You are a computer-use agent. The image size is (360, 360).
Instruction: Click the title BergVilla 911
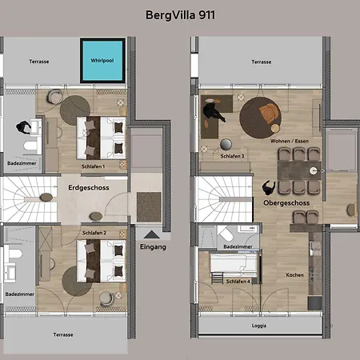pyautogui.click(x=180, y=15)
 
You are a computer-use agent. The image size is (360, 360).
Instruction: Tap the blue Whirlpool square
pyautogui.click(x=102, y=61)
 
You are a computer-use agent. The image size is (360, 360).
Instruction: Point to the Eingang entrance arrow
pyautogui.click(x=152, y=234)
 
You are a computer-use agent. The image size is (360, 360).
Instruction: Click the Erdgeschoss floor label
pyautogui.click(x=89, y=188)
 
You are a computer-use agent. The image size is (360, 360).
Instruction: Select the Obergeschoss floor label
pyautogui.click(x=286, y=203)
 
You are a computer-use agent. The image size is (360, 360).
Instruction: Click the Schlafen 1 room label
pyautogui.click(x=93, y=166)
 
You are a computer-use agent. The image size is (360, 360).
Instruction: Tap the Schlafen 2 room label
pyautogui.click(x=94, y=233)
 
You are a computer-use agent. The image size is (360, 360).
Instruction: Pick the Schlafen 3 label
pyautogui.click(x=232, y=156)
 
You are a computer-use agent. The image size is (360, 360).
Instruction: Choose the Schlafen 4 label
pyautogui.click(x=238, y=282)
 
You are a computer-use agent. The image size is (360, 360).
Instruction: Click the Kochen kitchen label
pyautogui.click(x=294, y=275)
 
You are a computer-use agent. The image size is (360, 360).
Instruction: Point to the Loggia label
pyautogui.click(x=259, y=326)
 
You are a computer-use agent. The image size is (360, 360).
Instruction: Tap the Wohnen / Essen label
pyautogui.click(x=290, y=141)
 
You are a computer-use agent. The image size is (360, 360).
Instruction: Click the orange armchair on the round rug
pyautogui.click(x=270, y=114)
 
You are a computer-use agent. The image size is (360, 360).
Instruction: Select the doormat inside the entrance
pyautogui.click(x=149, y=207)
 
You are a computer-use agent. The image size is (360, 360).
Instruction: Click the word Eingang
pyautogui.click(x=153, y=247)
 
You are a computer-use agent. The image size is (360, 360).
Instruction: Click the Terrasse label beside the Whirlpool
pyautogui.click(x=39, y=62)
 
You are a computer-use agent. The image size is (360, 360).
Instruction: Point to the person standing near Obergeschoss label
pyautogui.click(x=269, y=187)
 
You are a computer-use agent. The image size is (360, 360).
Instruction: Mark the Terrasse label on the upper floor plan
pyautogui.click(x=262, y=62)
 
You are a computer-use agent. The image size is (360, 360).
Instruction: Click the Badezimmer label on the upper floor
pyautogui.click(x=238, y=246)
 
